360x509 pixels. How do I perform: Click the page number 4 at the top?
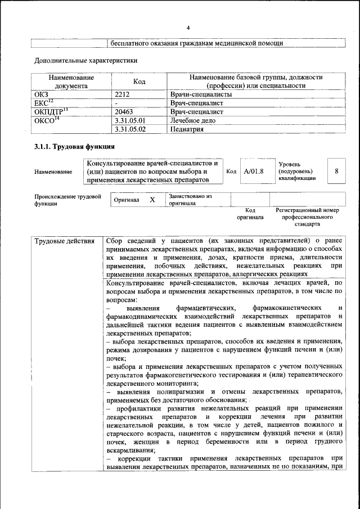tap(188, 28)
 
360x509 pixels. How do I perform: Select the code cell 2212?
tap(122, 94)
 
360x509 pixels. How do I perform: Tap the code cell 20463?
tap(124, 112)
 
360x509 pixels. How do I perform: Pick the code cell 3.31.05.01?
tap(129, 120)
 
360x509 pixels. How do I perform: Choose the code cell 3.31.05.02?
tap(129, 129)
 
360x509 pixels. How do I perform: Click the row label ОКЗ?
tap(42, 94)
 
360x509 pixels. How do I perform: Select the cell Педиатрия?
tap(186, 129)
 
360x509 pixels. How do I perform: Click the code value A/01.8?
tap(254, 171)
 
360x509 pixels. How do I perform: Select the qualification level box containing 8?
tap(336, 171)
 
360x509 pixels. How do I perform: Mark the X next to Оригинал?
tap(152, 200)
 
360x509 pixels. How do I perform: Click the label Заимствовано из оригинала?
tap(190, 200)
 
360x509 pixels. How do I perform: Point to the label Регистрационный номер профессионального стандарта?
tap(307, 217)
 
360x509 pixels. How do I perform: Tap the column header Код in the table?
tap(139, 82)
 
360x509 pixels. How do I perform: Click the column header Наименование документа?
tap(71, 82)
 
